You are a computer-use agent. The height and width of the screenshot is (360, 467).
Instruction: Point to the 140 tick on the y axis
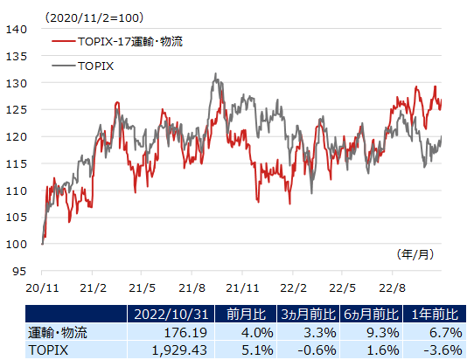click(17, 29)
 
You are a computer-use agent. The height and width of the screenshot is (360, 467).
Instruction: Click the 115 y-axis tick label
click(17, 163)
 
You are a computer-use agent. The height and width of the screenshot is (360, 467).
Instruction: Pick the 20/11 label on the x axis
click(41, 287)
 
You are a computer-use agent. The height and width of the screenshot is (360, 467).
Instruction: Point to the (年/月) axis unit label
click(414, 254)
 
